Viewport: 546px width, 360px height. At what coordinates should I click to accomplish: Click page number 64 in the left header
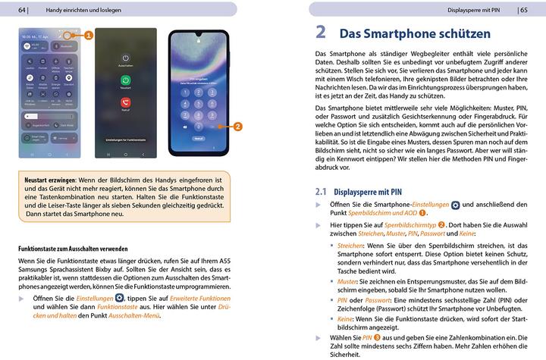coord(21,10)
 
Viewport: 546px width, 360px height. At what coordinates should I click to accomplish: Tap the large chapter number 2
coord(321,33)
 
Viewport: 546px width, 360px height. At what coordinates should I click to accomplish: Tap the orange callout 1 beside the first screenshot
coord(89,35)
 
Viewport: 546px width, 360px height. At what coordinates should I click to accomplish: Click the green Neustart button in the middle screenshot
coord(126,79)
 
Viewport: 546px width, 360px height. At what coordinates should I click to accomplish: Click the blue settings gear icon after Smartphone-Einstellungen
coord(455,205)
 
